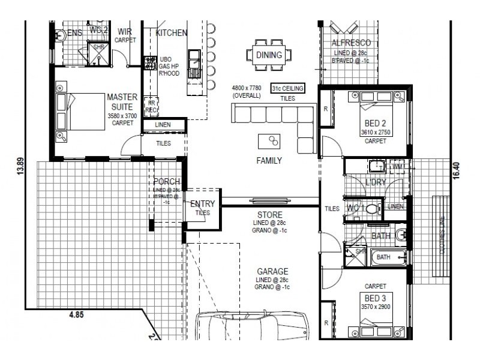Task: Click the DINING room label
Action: [x=269, y=55]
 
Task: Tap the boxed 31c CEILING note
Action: [x=287, y=88]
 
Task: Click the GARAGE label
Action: [x=273, y=271]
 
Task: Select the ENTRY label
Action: [x=202, y=204]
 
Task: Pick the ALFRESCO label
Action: [x=351, y=43]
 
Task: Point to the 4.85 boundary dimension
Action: [x=77, y=313]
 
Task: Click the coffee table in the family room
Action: [x=269, y=142]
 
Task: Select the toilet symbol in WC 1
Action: [x=371, y=209]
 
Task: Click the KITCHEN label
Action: [x=172, y=33]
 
